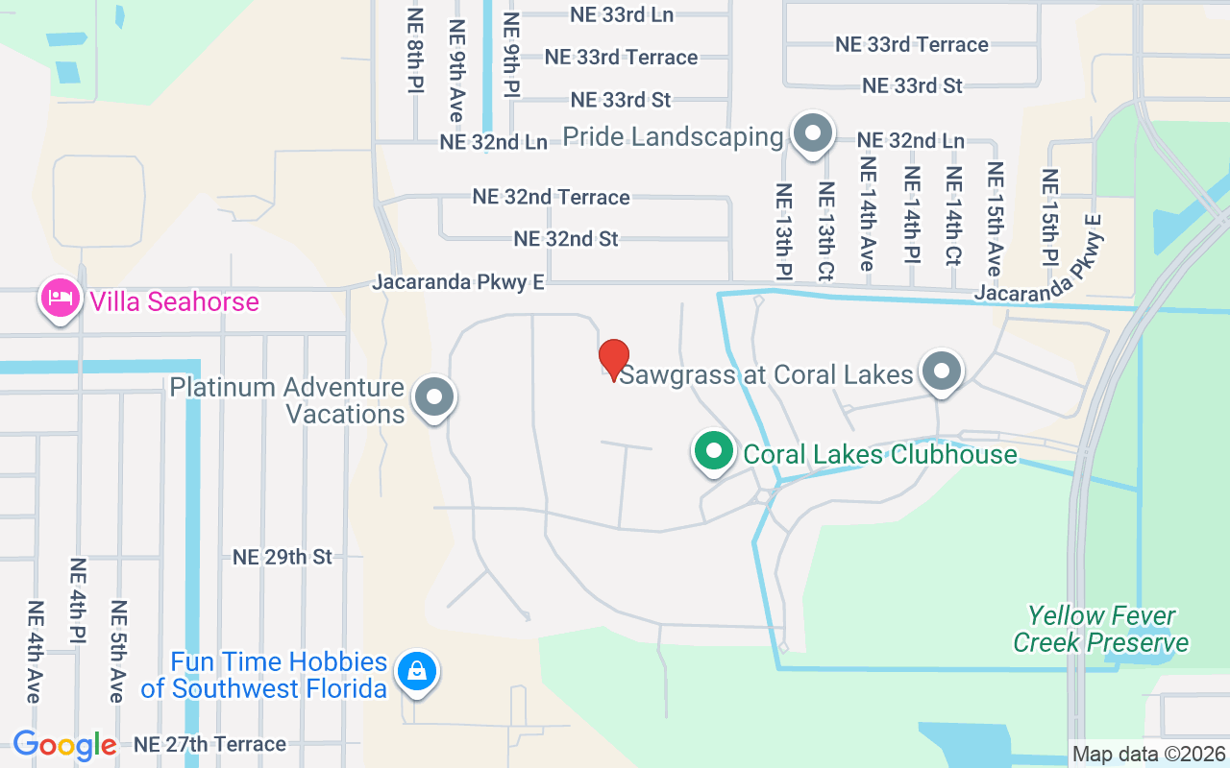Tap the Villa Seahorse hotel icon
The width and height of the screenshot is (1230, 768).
coord(60,299)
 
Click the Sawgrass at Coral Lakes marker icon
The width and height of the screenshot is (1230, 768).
coord(942,371)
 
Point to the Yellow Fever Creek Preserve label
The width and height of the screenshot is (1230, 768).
coord(1100,629)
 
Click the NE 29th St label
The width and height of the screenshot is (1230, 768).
coord(283,557)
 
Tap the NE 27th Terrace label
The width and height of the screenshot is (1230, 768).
coord(209,744)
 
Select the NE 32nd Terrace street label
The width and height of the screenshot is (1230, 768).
coord(551,197)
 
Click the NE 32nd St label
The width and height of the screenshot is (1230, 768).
coord(566,238)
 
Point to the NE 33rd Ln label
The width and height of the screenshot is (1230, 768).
coord(622,14)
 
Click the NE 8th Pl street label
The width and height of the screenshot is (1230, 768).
coord(415,51)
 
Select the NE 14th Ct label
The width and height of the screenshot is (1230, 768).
coord(953,217)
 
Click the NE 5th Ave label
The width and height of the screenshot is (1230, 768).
coord(118,651)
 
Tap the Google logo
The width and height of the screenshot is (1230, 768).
coord(64,744)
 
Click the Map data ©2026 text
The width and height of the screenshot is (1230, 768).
coord(1149,754)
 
